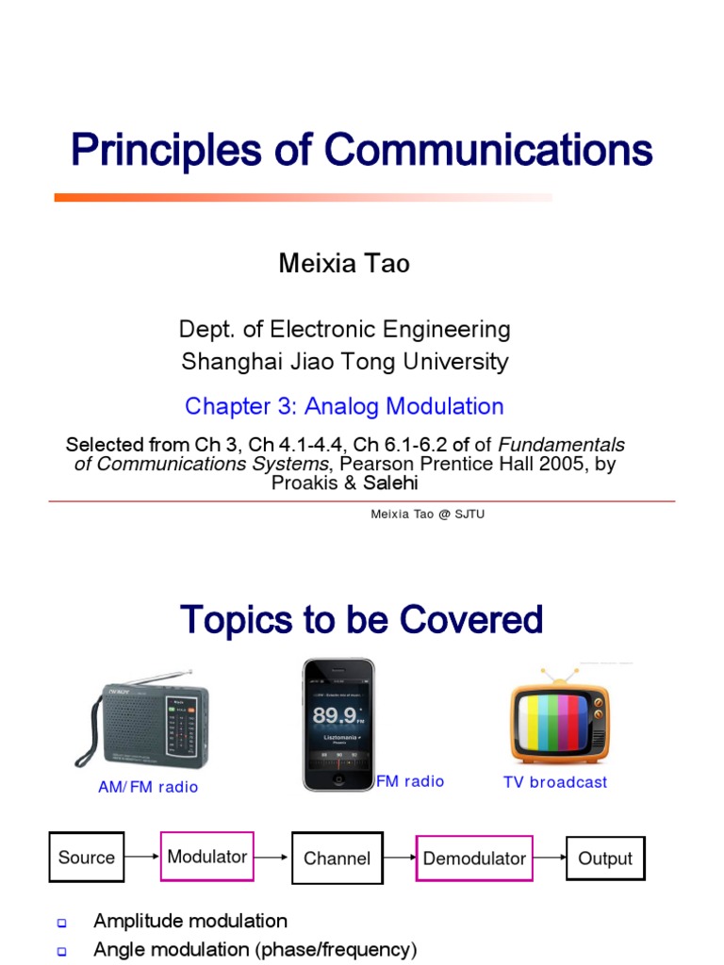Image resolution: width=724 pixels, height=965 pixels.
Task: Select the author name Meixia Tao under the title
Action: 344,264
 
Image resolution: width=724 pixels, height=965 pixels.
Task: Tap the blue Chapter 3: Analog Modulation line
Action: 344,406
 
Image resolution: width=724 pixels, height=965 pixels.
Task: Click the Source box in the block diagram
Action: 87,858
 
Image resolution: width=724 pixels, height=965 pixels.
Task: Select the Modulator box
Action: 207,857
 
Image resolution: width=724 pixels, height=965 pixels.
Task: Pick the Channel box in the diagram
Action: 337,858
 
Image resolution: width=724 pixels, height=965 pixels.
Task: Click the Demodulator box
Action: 474,858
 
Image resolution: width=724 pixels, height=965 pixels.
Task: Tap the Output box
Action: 605,858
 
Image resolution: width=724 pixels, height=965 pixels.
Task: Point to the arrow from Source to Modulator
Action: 142,858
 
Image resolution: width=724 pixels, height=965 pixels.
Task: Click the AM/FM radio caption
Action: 148,787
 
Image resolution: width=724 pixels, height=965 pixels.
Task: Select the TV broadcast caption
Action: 555,782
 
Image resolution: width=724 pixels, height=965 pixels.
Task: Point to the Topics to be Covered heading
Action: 361,620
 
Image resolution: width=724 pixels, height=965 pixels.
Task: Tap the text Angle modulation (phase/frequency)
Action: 255,949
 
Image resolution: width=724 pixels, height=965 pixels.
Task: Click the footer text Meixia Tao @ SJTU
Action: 427,514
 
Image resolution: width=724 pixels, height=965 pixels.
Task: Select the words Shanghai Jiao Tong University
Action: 344,361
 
